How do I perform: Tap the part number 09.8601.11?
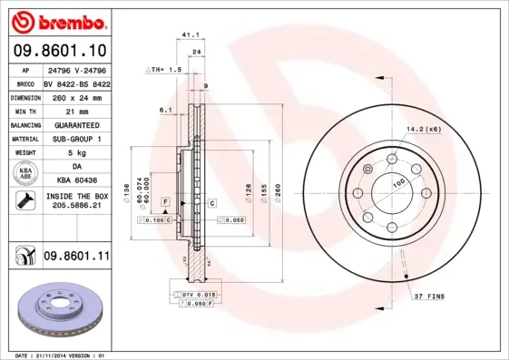(x=76, y=258)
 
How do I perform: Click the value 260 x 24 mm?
(x=76, y=96)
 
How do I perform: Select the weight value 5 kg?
(x=76, y=152)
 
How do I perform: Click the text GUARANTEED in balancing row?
(x=76, y=124)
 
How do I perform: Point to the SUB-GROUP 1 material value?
(x=76, y=138)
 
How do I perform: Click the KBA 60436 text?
(x=76, y=180)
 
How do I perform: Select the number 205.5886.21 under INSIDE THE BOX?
(x=76, y=208)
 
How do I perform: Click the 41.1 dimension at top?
(x=191, y=34)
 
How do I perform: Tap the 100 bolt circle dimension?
(x=398, y=183)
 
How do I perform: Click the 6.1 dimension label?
(x=165, y=110)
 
